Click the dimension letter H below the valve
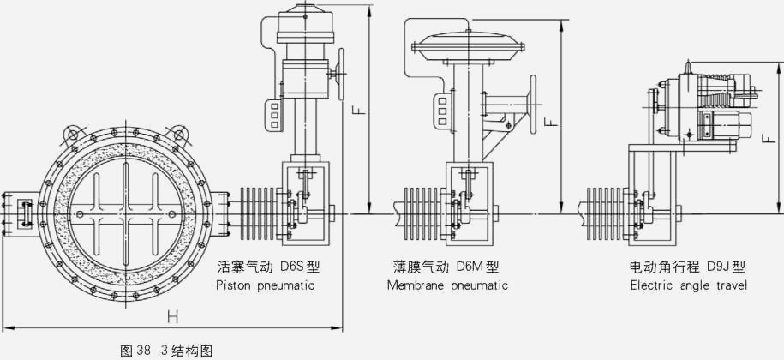click(172, 316)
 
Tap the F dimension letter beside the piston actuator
click(360, 111)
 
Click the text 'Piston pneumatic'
click(265, 285)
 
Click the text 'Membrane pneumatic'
click(446, 285)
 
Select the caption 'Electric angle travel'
click(688, 285)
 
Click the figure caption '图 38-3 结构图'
click(165, 350)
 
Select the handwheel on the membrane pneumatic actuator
click(535, 103)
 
